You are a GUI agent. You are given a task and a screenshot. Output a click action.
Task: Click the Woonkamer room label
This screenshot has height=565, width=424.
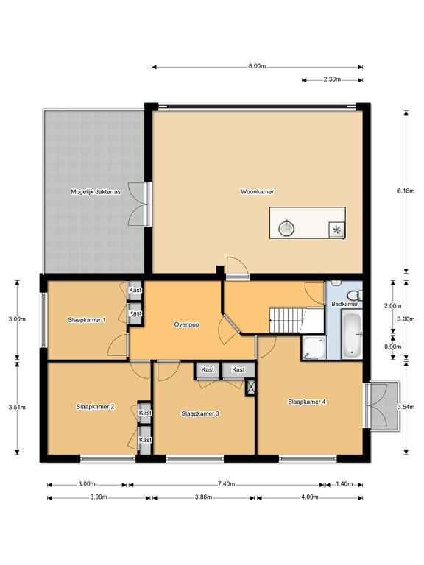click(x=257, y=192)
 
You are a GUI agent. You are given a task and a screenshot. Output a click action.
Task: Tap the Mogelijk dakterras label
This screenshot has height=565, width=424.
click(x=96, y=192)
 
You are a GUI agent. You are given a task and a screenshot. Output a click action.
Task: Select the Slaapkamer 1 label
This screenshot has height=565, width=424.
click(x=87, y=319)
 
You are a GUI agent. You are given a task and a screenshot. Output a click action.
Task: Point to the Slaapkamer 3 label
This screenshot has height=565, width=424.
click(x=200, y=413)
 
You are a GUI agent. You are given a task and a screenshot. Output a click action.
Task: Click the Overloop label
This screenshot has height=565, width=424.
click(x=186, y=324)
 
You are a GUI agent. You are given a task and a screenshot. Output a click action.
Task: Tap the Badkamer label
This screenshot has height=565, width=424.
click(x=344, y=304)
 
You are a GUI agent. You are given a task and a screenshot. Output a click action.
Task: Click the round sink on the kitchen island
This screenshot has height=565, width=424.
click(x=286, y=227)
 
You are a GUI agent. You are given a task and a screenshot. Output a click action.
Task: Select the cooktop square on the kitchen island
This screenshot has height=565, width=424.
click(x=336, y=230)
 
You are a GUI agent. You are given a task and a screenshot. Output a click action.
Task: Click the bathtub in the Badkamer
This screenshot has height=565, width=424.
click(x=351, y=335)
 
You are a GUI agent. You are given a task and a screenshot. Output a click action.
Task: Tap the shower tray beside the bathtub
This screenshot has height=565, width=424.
click(x=314, y=348)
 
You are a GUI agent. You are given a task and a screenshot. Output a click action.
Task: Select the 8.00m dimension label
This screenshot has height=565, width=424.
click(x=257, y=66)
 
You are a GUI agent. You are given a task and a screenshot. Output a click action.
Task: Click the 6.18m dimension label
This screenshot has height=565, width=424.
click(x=406, y=191)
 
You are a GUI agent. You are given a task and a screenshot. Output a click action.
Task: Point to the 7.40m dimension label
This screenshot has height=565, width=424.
click(x=227, y=484)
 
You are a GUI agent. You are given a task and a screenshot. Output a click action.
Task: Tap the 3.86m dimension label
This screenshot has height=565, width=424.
click(x=203, y=497)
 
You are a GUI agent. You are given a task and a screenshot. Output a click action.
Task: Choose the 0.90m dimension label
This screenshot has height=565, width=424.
click(x=392, y=347)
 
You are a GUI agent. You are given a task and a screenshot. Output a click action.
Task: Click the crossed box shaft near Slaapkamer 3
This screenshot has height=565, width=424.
click(x=250, y=387)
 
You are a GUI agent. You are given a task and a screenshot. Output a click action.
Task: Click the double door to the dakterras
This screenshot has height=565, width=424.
click(x=140, y=204)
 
